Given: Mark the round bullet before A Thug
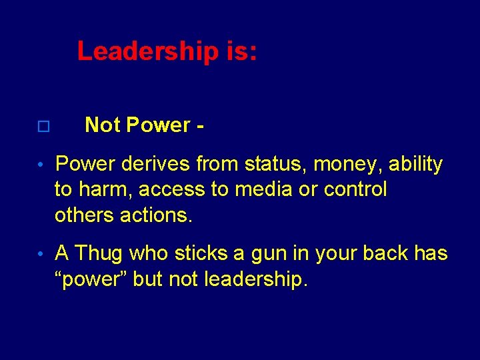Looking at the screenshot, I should (41, 255).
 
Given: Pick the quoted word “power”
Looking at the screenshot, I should (91, 280).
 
